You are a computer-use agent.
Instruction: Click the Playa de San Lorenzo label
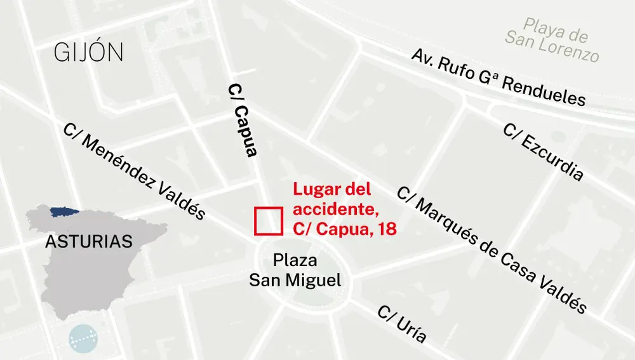553,39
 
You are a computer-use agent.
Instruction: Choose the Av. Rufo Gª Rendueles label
498,77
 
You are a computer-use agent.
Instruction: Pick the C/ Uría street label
401,324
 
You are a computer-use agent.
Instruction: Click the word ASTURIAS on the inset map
89,242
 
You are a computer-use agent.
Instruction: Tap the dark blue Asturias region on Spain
62,210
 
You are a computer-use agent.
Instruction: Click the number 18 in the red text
387,229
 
